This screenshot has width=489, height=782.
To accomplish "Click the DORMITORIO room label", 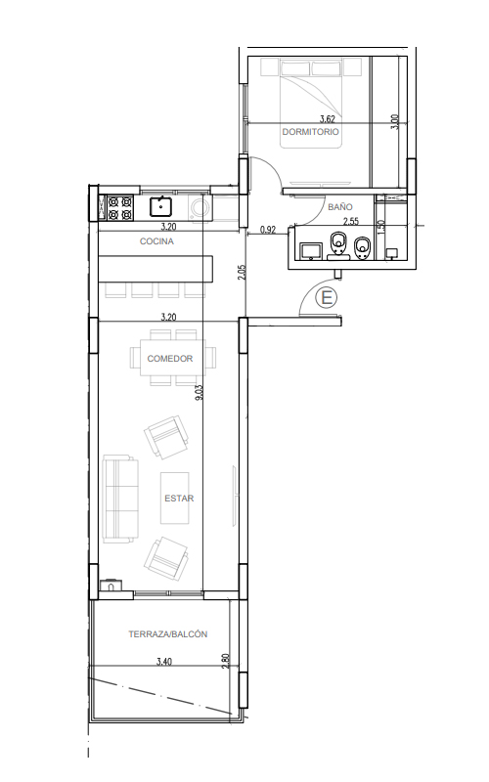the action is coord(310,132).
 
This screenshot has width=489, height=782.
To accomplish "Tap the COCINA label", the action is coord(156,241).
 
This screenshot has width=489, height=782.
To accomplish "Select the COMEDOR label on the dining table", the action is coord(169,359).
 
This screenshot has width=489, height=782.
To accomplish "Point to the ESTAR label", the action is coord(179,499).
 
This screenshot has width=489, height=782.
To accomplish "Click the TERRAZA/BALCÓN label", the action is coord(167,634).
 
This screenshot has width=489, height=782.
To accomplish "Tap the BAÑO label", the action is coord(340,207).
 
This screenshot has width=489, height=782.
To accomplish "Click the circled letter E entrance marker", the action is coord(328,298).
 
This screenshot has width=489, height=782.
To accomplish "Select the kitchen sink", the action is coord(161,206).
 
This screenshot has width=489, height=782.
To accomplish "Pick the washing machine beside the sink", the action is coord(200,207).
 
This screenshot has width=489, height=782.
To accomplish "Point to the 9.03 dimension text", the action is coord(200,393).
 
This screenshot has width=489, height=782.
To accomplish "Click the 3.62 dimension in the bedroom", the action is coord(328,118).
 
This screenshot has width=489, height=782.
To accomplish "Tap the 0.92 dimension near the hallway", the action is coord(268,230).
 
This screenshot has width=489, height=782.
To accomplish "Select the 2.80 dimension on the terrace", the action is coord(226,661).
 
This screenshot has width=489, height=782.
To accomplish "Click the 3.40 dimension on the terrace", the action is coord(164,662).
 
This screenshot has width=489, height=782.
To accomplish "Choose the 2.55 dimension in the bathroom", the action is coord(351,222).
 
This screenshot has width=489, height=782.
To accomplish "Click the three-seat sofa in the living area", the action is coord(120,499).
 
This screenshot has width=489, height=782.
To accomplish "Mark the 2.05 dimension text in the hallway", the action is coord(242,273).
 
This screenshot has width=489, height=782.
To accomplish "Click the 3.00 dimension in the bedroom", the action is coord(395,122).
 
